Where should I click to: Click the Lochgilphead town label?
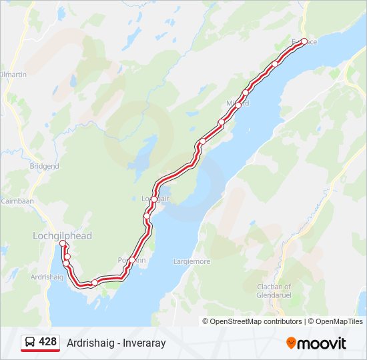point(62,236)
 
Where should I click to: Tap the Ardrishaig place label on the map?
point(46,276)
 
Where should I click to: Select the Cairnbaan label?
point(13,200)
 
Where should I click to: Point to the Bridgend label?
point(44,166)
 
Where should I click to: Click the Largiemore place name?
point(192,261)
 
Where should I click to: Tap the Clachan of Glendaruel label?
point(274,290)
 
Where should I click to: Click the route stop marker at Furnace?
point(304,41)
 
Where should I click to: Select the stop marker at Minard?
point(238,105)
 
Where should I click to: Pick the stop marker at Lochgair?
point(154,199)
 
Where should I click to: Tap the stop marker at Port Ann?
point(132,260)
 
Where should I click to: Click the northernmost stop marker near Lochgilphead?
point(63,243)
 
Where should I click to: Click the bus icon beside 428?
point(30,342)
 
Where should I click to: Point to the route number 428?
point(48,342)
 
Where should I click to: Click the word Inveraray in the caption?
point(144,343)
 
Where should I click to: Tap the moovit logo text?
point(321,343)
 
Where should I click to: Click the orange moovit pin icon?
point(291,343)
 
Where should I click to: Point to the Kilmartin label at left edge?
point(13,75)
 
